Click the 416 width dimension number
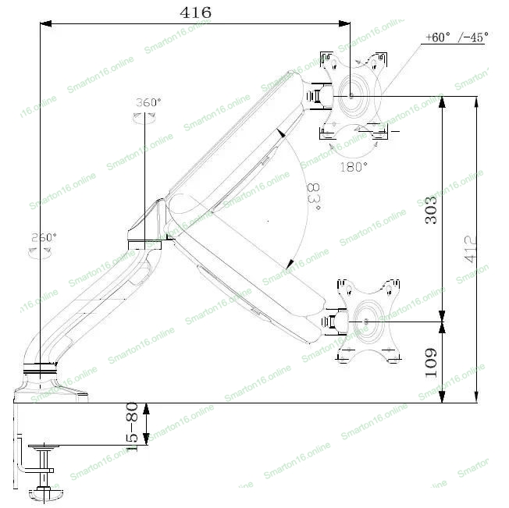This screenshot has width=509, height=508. click(x=195, y=12)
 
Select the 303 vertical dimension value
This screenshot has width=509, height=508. click(x=430, y=209)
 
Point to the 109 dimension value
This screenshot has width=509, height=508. click(x=431, y=363)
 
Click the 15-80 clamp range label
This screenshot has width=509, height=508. click(x=133, y=427)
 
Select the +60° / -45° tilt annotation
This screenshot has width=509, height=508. click(x=457, y=37)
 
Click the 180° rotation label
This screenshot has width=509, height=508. click(x=354, y=165)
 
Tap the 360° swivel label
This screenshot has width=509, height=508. click(x=148, y=102)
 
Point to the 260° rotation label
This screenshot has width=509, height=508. click(x=44, y=237)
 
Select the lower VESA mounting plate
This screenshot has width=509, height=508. click(x=366, y=321)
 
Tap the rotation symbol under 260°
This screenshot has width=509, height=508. click(x=39, y=251)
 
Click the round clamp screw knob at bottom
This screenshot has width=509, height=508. click(x=44, y=492)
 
